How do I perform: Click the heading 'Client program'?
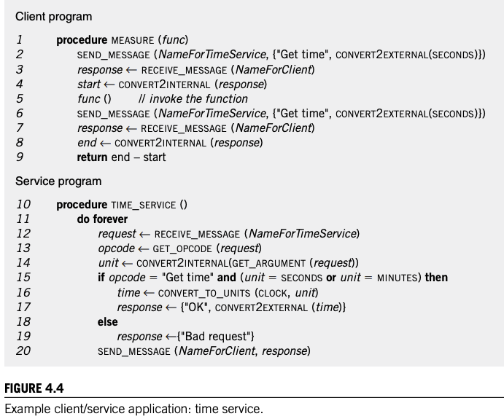(54, 17)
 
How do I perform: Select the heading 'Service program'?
(58, 181)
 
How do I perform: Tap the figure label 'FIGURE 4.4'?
(34, 388)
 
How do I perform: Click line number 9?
(20, 157)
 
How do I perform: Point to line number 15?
(23, 278)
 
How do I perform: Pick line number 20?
(23, 351)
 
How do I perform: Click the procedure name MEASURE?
(133, 41)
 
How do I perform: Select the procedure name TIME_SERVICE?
(144, 205)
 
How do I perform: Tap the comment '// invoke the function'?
(193, 99)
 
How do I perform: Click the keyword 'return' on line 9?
(92, 157)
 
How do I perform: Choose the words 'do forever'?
(102, 219)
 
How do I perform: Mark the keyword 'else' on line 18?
(108, 321)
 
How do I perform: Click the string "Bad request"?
(215, 336)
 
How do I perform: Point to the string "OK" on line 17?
(196, 308)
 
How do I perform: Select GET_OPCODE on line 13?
(182, 248)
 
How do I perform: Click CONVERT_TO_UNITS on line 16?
(204, 293)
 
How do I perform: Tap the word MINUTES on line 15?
(397, 278)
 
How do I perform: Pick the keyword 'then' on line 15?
(436, 278)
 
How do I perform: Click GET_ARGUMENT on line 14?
(268, 264)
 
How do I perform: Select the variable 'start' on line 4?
(89, 85)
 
